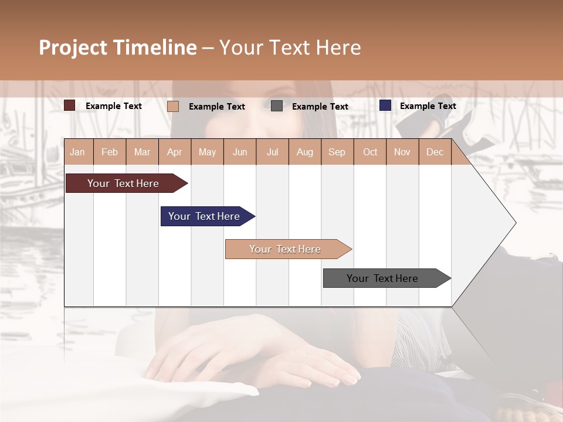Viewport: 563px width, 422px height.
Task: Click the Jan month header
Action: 77,152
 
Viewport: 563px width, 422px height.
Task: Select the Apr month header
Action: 174,152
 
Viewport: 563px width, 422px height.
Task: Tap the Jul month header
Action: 272,152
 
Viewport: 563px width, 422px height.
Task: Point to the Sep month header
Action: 337,152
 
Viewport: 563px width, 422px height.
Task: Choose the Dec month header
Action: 435,152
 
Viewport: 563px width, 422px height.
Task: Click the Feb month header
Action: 110,152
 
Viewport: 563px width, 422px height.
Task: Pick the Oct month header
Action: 370,152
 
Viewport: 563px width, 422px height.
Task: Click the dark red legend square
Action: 70,105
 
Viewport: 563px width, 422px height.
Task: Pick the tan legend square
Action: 173,106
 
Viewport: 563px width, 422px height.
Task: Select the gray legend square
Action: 277,106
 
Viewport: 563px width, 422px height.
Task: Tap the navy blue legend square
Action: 385,105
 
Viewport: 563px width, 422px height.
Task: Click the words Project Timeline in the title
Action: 118,47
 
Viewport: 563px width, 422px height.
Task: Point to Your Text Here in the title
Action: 290,47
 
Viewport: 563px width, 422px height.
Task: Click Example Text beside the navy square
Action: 428,105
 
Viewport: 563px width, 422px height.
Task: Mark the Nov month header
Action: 402,152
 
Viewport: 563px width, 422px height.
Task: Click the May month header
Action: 207,152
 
